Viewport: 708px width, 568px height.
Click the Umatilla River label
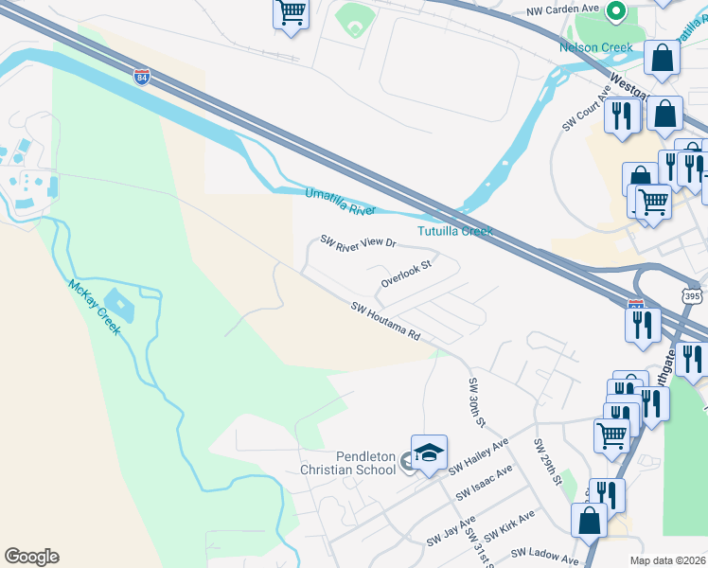pyautogui.click(x=340, y=202)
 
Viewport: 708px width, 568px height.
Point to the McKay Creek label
pyautogui.click(x=94, y=307)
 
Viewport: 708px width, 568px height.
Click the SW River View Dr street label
pyautogui.click(x=358, y=242)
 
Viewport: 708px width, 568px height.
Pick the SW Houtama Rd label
pyautogui.click(x=385, y=322)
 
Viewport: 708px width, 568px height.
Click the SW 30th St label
pyautogui.click(x=476, y=401)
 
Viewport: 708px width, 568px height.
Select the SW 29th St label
pyautogui.click(x=548, y=462)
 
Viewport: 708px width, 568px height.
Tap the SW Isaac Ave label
pyautogui.click(x=484, y=483)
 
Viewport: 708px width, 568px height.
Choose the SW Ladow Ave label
pyautogui.click(x=545, y=557)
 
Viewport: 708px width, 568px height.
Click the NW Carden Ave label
pyautogui.click(x=563, y=9)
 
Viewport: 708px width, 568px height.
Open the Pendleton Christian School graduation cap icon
pyautogui.click(x=428, y=451)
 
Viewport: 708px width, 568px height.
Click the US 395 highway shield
pyautogui.click(x=691, y=296)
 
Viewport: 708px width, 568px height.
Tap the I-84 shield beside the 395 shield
pyautogui.click(x=635, y=306)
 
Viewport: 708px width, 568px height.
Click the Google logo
pyautogui.click(x=31, y=556)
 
